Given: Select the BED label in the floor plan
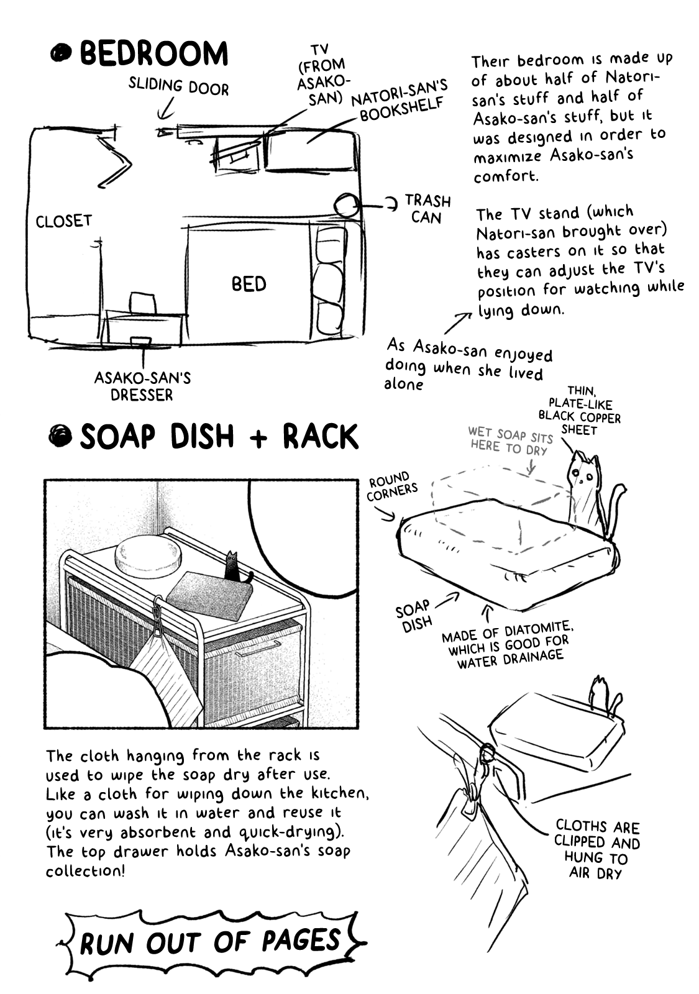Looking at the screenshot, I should [x=249, y=284].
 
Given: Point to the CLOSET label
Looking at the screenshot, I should [x=63, y=221].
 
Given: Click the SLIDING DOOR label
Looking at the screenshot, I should [x=178, y=86].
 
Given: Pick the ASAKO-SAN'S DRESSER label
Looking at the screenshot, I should [x=142, y=386].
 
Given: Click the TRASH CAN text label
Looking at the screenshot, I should [x=427, y=209].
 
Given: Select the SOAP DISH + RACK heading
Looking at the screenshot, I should [x=219, y=436].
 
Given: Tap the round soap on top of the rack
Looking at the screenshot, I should [x=148, y=554].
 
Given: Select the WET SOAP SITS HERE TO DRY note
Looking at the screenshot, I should [x=511, y=440].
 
